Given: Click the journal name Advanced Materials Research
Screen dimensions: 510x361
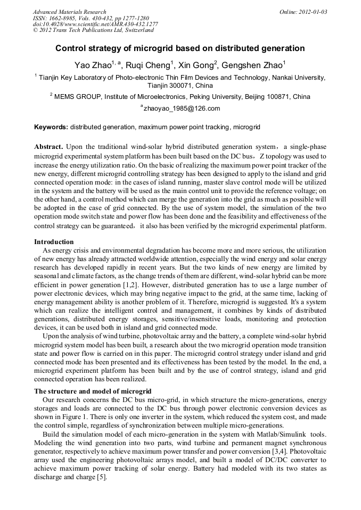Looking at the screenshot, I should tap(69, 12).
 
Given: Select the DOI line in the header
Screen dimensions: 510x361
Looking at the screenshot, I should tap(95, 24).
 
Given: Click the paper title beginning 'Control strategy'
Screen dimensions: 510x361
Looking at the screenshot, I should tap(180, 48).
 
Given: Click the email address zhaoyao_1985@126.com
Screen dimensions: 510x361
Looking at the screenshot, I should tap(182, 108).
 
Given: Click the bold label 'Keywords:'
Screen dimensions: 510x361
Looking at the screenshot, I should tap(51, 128).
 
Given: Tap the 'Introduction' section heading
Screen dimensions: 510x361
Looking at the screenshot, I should tap(54, 242).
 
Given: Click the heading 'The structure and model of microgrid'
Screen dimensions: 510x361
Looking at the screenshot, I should tap(88, 391).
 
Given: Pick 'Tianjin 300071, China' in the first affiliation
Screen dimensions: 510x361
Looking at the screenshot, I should tap(180, 85).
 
